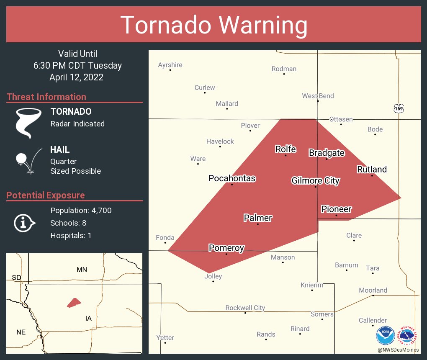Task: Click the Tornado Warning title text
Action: [213, 25]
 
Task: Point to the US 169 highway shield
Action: [399, 108]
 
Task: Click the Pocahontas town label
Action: [232, 178]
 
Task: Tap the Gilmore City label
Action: [315, 181]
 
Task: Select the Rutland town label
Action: [372, 169]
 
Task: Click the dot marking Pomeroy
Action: [226, 254]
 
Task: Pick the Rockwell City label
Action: [245, 308]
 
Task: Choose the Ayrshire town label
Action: [170, 65]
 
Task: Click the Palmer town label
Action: [258, 218]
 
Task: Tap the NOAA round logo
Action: [386, 335]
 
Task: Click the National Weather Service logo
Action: [408, 335]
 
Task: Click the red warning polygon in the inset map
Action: [74, 302]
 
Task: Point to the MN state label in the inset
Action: [82, 269]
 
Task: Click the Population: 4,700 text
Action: [81, 211]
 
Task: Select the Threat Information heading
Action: [46, 97]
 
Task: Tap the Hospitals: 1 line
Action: [71, 236]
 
